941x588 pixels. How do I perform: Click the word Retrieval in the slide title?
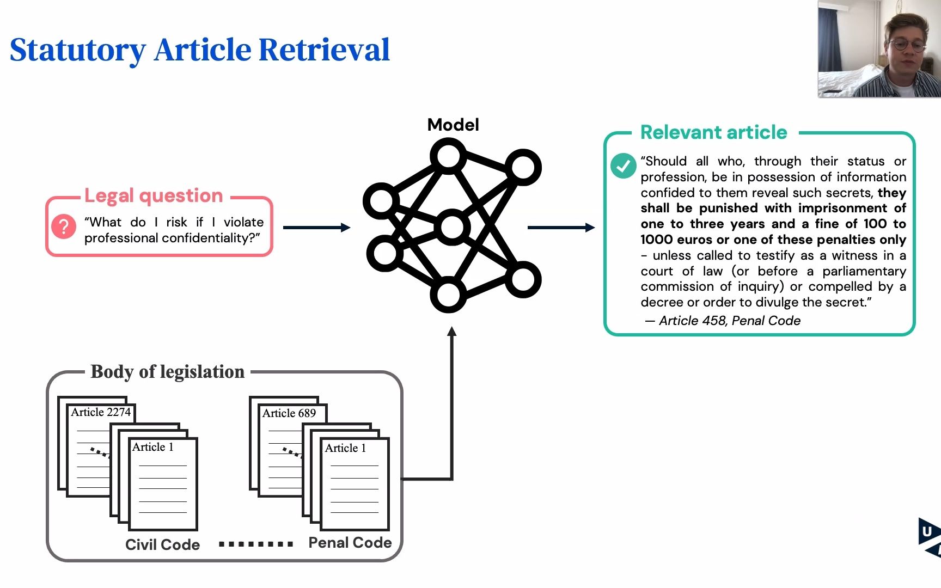point(324,50)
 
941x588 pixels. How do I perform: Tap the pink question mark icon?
point(64,226)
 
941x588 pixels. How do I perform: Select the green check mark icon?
point(623,166)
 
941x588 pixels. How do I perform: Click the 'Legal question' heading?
point(154,195)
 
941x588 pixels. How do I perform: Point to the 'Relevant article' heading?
point(713,132)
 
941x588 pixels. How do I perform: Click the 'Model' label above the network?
point(453,125)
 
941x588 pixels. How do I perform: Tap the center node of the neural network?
point(451,227)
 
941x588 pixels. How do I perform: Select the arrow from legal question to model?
point(316,228)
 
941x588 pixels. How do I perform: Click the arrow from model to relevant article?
point(561,228)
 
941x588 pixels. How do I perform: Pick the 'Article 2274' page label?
point(101,412)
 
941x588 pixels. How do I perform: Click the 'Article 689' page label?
point(289,413)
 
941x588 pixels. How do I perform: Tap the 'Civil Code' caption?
point(162,544)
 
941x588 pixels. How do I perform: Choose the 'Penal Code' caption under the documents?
point(350,543)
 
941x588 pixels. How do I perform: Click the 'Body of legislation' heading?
point(167,372)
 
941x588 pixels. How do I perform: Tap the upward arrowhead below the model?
point(451,331)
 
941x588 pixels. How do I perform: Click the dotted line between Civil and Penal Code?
point(255,544)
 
